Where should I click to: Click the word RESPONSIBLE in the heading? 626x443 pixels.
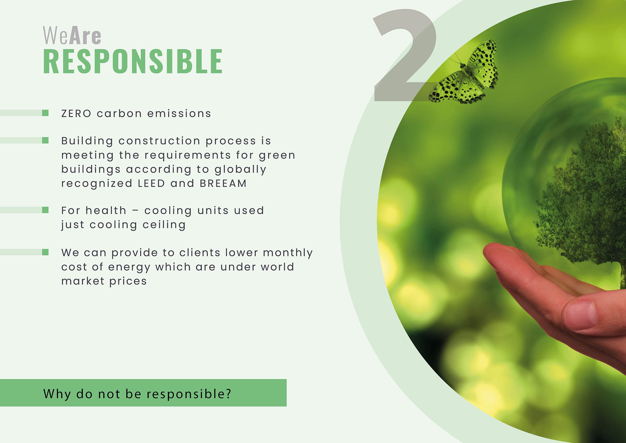133,61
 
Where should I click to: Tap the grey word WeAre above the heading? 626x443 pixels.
72,35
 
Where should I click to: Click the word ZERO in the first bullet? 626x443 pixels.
76,114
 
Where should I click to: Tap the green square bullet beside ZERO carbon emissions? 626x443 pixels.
45,113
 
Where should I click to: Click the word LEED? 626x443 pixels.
151,183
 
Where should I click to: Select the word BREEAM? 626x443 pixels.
223,183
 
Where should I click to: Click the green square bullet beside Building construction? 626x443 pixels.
45,140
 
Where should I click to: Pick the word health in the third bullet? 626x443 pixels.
106,211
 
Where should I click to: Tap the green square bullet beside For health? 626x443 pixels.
45,210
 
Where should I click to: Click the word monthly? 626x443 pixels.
288,253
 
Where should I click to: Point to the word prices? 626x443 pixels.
128,281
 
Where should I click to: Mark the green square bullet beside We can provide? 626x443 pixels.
45,252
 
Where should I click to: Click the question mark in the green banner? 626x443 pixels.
229,394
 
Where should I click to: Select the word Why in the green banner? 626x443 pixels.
57,394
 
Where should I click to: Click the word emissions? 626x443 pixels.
179,114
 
